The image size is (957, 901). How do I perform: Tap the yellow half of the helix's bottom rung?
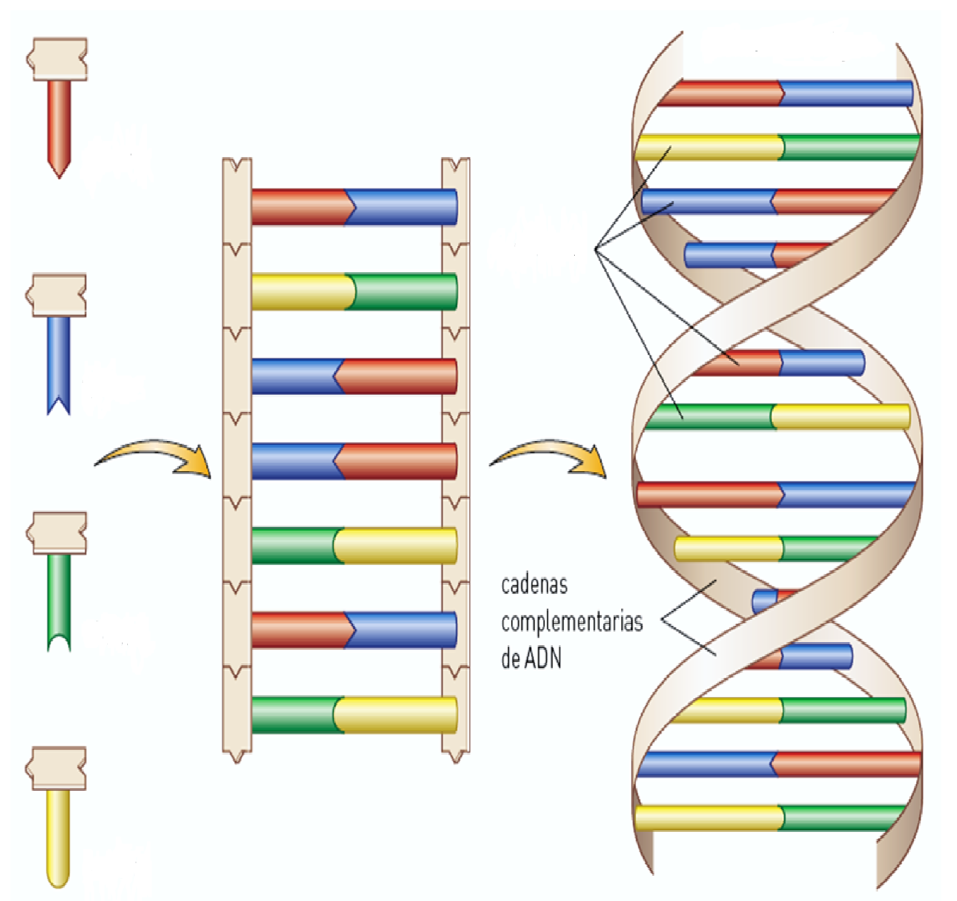click(708, 818)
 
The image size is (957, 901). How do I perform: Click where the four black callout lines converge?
click(596, 249)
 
